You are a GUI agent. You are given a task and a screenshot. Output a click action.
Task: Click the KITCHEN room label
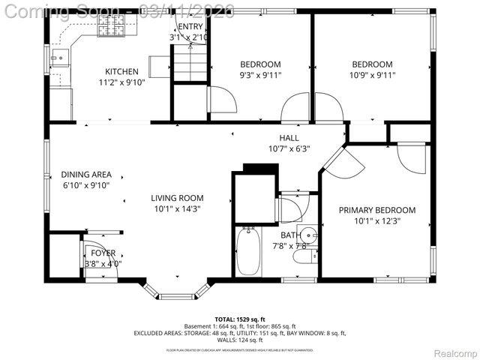coord(121,72)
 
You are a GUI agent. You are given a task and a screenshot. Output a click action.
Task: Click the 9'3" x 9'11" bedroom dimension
coord(260,75)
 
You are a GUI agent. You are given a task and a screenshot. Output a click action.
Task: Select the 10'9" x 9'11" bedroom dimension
coord(373,75)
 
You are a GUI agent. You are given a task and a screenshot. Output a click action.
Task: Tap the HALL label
coord(289,138)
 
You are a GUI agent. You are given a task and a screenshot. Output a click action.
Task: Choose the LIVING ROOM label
coord(176,198)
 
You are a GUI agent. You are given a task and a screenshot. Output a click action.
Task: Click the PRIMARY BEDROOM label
coord(376,210)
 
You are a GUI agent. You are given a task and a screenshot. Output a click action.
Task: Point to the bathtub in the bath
coord(248,252)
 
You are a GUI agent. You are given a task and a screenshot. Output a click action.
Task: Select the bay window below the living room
coord(176,293)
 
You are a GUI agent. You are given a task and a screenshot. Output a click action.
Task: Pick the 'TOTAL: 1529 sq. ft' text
coord(240,319)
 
